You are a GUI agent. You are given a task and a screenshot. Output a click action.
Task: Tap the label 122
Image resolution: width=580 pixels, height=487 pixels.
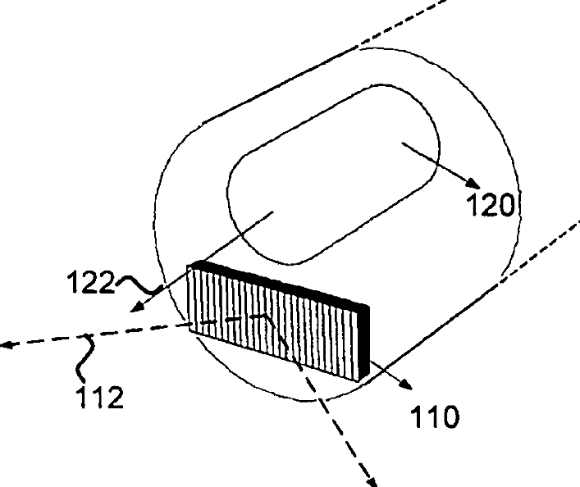pyautogui.click(x=91, y=283)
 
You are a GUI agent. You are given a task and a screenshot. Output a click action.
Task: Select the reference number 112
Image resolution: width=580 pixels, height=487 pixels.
pyautogui.click(x=99, y=397)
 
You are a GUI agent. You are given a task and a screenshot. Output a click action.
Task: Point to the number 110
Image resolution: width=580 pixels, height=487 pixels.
pyautogui.click(x=435, y=418)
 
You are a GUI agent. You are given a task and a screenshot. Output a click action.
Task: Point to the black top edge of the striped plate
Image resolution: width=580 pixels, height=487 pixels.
pyautogui.click(x=279, y=279)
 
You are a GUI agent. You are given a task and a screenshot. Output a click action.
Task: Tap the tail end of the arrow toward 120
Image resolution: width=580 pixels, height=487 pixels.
pyautogui.click(x=401, y=144)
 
